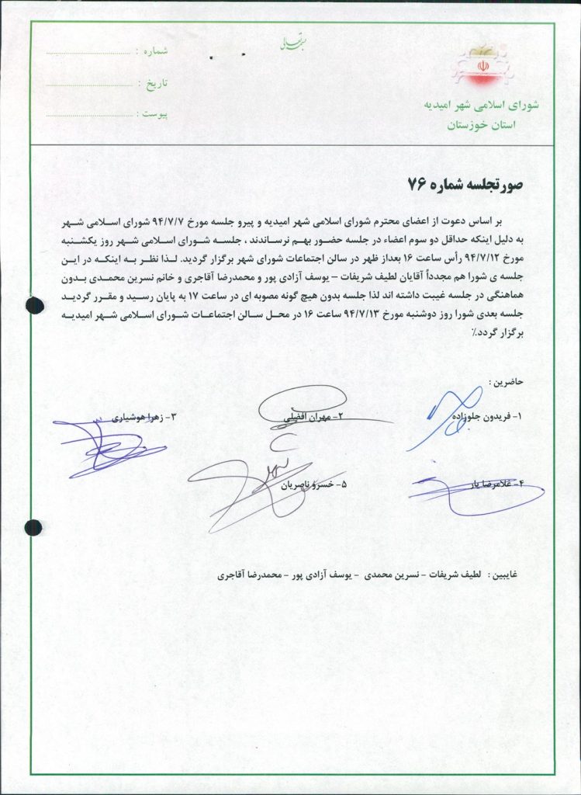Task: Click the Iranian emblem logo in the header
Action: pos(474,67)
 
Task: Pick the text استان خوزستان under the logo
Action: pos(476,124)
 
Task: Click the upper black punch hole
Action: pos(35,305)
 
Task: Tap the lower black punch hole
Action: pos(33,528)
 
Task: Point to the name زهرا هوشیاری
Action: pos(145,417)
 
